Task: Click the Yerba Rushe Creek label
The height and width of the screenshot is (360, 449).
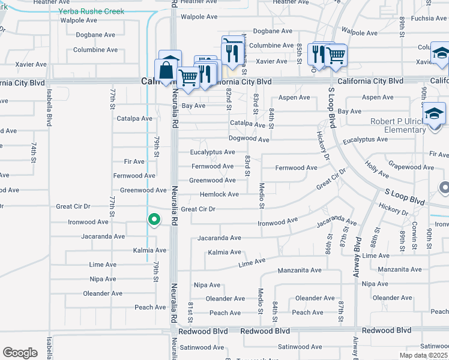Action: (91, 11)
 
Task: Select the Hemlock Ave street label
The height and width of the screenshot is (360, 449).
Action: (219, 194)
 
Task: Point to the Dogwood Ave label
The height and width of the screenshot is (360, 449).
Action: (249, 139)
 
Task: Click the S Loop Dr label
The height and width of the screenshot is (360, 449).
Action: (330, 107)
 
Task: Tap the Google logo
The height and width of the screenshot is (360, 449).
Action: (20, 353)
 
